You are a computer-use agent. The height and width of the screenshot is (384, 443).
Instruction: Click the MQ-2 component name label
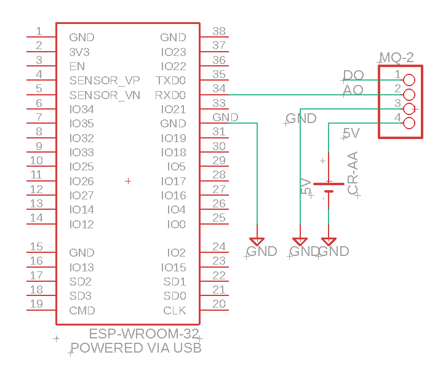396,58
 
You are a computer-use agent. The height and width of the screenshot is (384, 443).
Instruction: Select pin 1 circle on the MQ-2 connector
409,80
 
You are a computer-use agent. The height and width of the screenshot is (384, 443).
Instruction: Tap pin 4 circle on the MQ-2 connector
409,123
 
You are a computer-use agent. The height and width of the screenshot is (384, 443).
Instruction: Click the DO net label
353,76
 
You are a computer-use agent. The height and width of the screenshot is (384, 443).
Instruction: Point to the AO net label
353,90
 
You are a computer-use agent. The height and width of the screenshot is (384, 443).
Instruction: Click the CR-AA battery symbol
329,187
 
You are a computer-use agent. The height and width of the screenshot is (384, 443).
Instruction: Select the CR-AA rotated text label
353,174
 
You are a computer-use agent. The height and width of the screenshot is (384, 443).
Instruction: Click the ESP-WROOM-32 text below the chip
145,334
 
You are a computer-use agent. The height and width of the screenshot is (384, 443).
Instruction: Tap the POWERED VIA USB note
136,348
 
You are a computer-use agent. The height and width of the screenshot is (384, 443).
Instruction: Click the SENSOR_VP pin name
105,81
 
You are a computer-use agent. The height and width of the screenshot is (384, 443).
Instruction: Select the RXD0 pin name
170,95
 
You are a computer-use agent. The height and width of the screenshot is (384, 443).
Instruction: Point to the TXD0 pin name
170,81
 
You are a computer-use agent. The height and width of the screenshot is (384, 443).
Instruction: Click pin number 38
218,31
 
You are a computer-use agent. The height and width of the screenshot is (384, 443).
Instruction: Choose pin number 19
36,303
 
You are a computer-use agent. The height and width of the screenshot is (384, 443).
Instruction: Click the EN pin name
77,66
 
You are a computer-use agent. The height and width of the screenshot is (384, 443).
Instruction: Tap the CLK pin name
174,311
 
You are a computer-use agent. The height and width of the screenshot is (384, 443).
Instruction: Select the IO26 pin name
81,182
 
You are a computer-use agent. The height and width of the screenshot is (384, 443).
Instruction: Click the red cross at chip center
128,181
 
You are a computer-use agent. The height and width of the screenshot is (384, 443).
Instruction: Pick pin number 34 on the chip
218,89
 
